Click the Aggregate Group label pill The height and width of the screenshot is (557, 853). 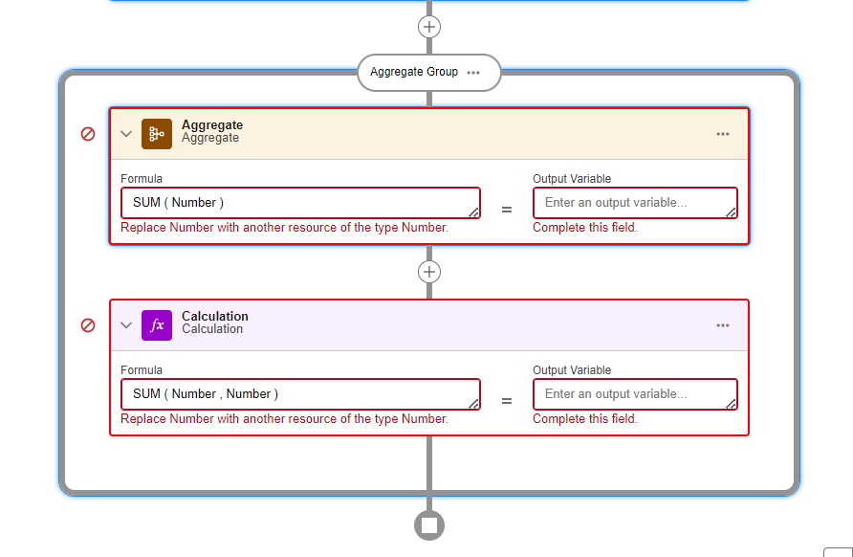(x=413, y=72)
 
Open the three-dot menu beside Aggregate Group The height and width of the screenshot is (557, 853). (x=473, y=73)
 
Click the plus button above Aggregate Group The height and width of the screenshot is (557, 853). (x=429, y=27)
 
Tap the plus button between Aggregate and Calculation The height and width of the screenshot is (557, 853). (x=429, y=272)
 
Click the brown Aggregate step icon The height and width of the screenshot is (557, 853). (x=157, y=134)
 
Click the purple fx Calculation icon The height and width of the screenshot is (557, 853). (x=157, y=325)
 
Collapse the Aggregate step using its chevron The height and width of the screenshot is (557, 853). (x=126, y=134)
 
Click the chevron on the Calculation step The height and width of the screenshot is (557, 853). (x=126, y=325)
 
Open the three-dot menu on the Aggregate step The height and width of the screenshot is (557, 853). (x=723, y=134)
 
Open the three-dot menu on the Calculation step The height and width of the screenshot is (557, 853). (x=723, y=325)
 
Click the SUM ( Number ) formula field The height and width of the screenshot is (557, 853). (x=300, y=203)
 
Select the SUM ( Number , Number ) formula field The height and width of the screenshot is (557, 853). (x=300, y=394)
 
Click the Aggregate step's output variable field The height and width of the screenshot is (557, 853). (x=635, y=203)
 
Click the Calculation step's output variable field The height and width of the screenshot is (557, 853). (x=635, y=394)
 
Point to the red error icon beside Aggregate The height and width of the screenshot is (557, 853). (x=88, y=134)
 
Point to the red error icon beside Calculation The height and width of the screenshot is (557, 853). (x=88, y=325)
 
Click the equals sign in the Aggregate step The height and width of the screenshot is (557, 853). (x=507, y=210)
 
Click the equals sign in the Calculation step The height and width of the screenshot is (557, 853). (x=507, y=401)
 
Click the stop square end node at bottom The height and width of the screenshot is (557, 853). (x=429, y=524)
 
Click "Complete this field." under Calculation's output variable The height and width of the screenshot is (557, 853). (x=585, y=419)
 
